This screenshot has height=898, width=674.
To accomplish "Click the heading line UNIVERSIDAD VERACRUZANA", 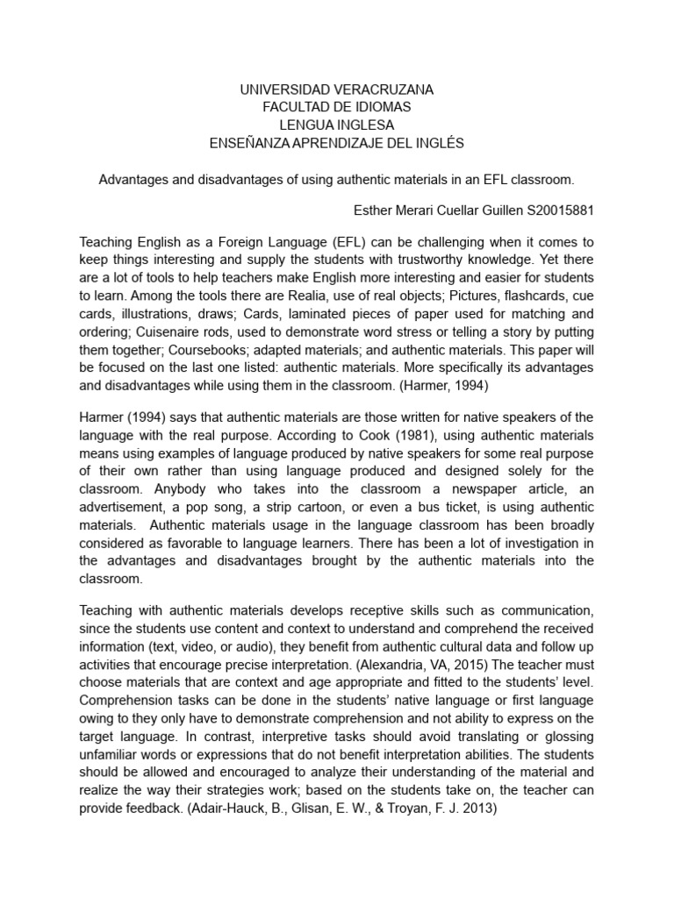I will tap(337, 89).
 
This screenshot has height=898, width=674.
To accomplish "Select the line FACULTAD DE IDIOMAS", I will tap(337, 107).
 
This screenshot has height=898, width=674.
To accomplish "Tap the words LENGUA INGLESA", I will tap(337, 125).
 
